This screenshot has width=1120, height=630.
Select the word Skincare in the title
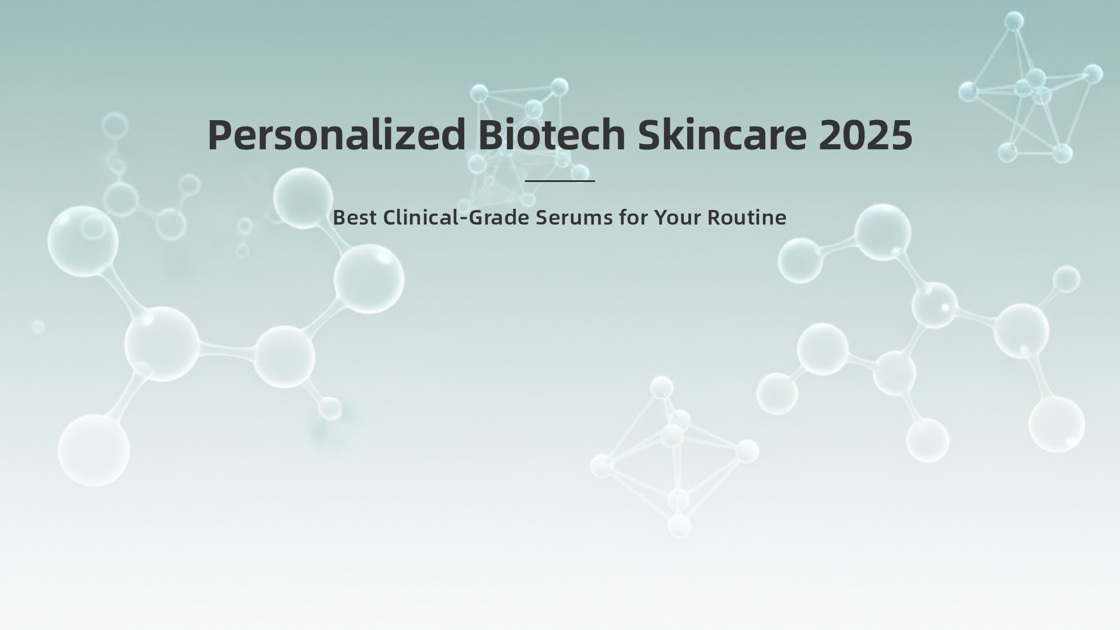click(x=722, y=135)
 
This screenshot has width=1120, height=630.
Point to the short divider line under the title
click(x=559, y=181)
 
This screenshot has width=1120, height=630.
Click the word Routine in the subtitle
click(x=747, y=218)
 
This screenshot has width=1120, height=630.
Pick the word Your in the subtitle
click(x=677, y=218)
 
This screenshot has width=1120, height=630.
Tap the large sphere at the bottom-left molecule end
click(x=93, y=450)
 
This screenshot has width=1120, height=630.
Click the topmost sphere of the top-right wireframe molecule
click(x=1014, y=21)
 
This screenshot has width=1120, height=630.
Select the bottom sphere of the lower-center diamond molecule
click(x=679, y=525)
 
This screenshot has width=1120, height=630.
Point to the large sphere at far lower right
click(x=1056, y=424)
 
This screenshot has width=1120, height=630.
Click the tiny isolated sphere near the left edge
click(x=38, y=327)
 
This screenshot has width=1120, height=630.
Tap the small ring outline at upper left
click(x=114, y=126)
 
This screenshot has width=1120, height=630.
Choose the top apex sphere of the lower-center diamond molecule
click(x=661, y=387)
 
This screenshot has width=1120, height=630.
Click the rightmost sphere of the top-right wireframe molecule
click(x=1093, y=74)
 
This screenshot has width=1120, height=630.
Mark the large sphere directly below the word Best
click(x=369, y=279)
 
